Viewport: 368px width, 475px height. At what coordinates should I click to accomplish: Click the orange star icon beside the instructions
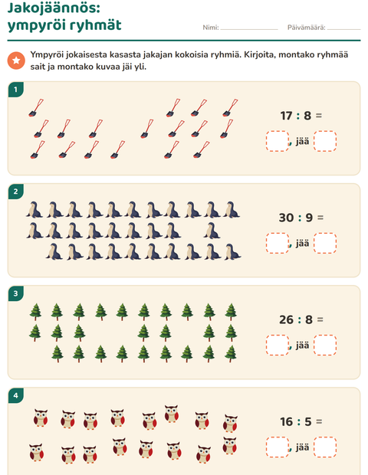point(16,61)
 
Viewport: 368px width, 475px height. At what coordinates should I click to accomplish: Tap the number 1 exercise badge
point(16,90)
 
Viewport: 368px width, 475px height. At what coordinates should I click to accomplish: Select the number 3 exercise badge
point(16,293)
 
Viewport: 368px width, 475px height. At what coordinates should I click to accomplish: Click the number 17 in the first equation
point(286,116)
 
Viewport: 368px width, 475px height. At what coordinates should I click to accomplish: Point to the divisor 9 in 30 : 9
point(309,218)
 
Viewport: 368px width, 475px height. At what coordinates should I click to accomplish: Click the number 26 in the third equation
point(287,319)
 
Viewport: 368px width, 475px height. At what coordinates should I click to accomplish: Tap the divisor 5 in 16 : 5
point(308,421)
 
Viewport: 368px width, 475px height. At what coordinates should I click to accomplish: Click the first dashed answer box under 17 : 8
point(278,141)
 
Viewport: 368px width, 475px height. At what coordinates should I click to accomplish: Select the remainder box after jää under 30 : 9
point(325,243)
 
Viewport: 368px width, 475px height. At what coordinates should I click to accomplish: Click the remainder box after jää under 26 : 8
point(325,345)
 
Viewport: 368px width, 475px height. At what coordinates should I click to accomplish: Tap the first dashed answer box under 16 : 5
point(278,447)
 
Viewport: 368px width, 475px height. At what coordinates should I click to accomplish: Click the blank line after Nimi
point(249,29)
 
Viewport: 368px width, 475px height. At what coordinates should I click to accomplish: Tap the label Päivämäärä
point(306,28)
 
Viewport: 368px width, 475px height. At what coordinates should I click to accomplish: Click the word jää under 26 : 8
point(303,345)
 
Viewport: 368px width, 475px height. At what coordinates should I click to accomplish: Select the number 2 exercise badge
point(16,192)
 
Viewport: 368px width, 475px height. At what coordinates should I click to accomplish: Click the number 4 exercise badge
point(16,395)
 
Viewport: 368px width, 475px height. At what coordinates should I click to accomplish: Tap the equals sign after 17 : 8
point(319,116)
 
